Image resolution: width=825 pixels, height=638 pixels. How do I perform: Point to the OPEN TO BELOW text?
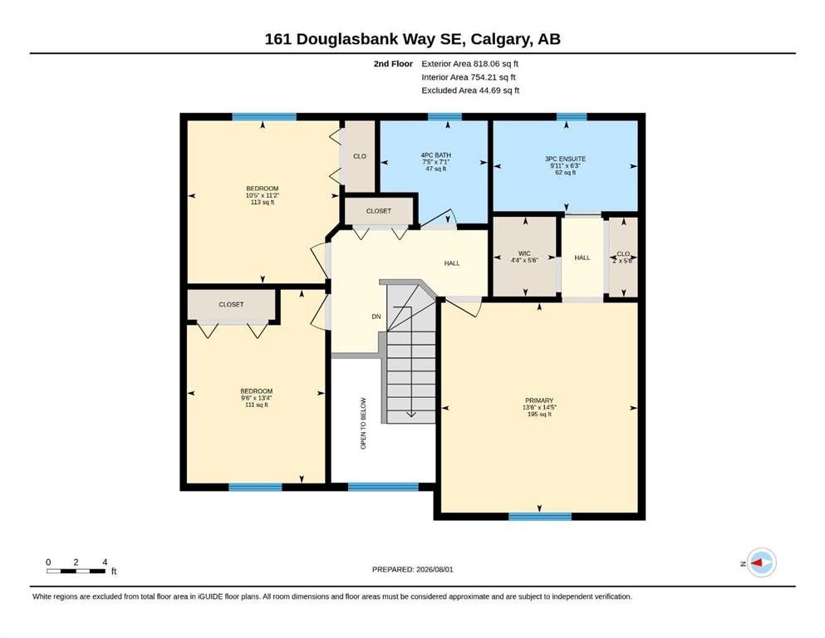coord(363,424)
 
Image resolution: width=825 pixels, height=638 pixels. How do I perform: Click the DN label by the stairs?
coord(376,317)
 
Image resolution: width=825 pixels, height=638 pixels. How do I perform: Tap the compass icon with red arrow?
coord(761,562)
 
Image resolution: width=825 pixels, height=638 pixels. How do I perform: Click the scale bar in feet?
coord(76,571)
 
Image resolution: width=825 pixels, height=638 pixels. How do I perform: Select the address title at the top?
coord(412,39)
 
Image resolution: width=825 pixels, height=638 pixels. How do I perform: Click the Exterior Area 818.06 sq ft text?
coord(470,64)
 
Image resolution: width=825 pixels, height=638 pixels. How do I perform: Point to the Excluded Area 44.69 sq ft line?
coord(470,91)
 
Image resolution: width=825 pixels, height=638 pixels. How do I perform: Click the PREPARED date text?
coord(412,569)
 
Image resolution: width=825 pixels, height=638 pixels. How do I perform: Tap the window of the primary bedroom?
coord(540,517)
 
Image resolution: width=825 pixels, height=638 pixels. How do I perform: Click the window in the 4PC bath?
coord(444,117)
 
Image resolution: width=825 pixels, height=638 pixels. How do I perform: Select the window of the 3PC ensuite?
coord(572,117)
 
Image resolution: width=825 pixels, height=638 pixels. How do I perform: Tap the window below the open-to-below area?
coord(383,487)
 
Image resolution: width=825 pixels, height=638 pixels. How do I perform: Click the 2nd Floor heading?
coord(393,64)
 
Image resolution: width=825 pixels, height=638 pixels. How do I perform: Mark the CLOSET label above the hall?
coord(379,211)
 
